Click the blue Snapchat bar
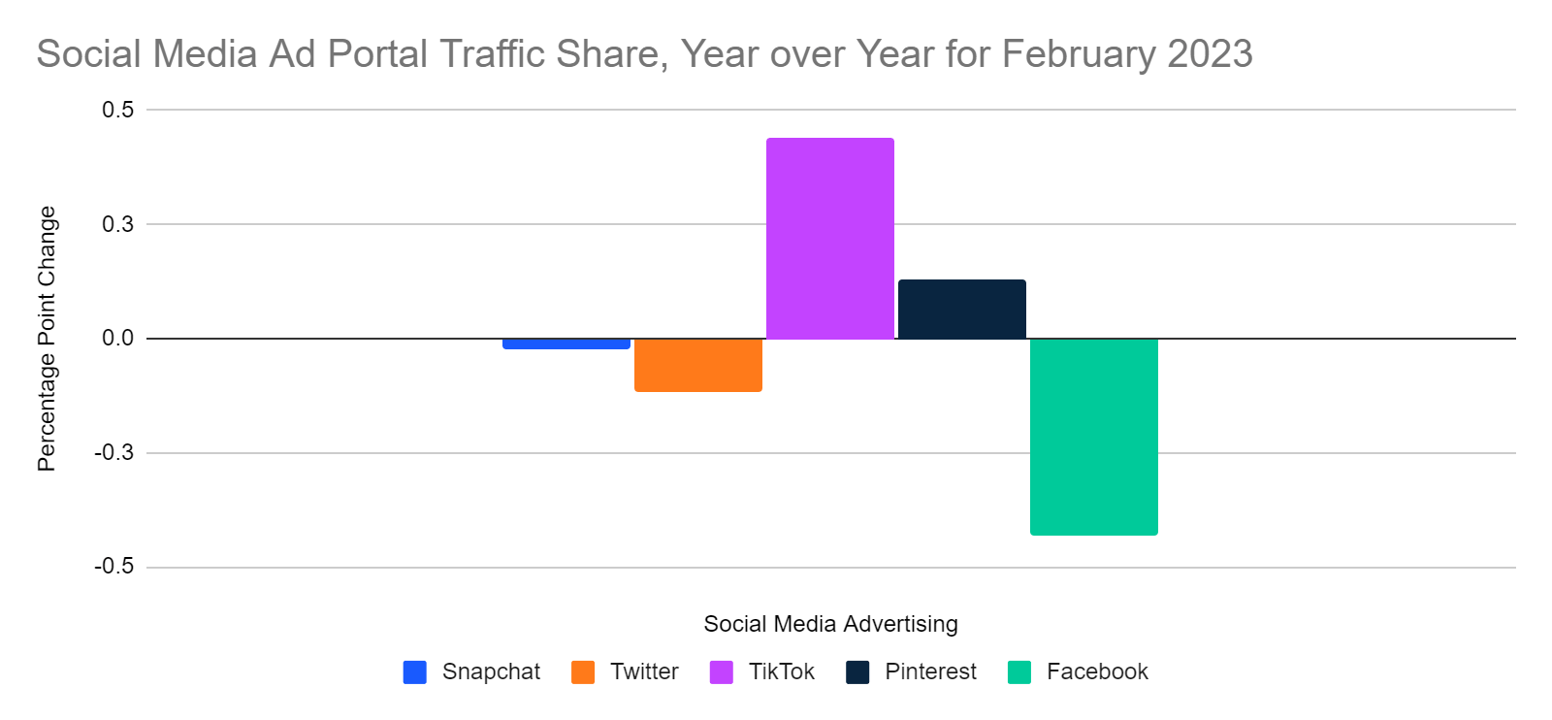click(566, 344)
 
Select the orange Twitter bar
click(698, 365)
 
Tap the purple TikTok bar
click(830, 239)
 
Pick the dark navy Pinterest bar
click(962, 309)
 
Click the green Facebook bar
click(1094, 437)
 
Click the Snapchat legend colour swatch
click(415, 672)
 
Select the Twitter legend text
click(644, 671)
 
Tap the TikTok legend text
click(782, 671)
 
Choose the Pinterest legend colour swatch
click(857, 672)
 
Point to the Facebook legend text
click(1097, 671)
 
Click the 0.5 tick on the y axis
click(118, 110)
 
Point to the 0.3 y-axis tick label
click(118, 224)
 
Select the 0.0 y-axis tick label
click(118, 339)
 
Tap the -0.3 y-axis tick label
click(114, 453)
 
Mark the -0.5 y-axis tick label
click(114, 567)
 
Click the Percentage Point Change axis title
click(47, 339)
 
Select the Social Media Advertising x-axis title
click(830, 624)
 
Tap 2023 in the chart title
click(1210, 54)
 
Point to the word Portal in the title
click(377, 54)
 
